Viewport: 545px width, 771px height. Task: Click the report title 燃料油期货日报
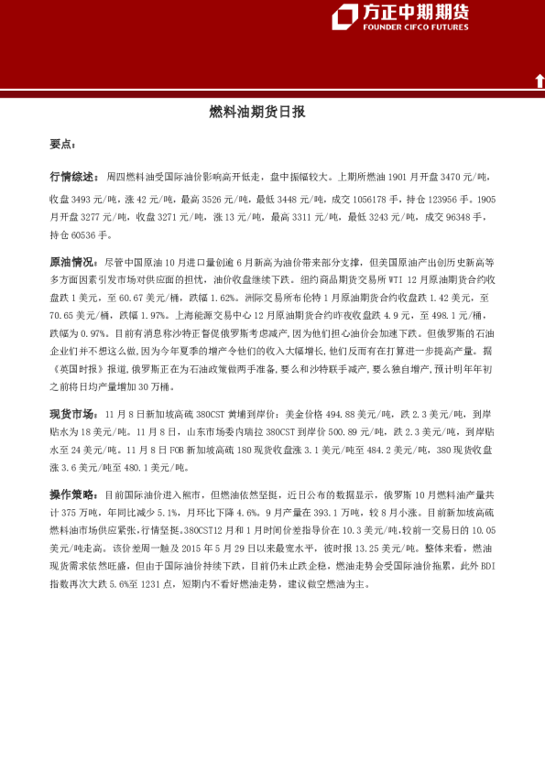pyautogui.click(x=257, y=113)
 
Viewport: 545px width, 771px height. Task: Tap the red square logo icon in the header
pyautogui.click(x=345, y=16)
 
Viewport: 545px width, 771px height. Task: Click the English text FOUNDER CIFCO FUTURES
pyautogui.click(x=415, y=27)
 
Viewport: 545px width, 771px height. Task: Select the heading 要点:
pyautogui.click(x=63, y=145)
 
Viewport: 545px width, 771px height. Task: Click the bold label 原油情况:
pyautogui.click(x=74, y=262)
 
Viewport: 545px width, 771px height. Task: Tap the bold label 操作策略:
pyautogui.click(x=74, y=494)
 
